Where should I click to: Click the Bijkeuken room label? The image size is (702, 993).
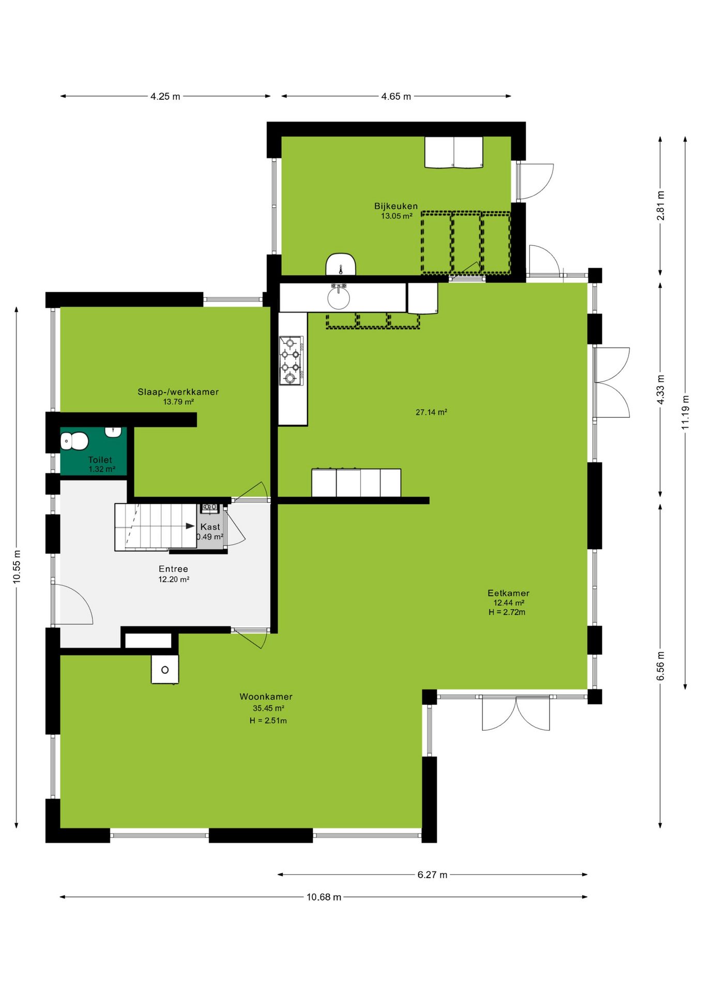click(396, 206)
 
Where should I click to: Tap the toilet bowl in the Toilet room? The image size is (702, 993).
click(74, 441)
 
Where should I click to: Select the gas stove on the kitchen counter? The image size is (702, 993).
click(291, 360)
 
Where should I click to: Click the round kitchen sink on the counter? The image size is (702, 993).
click(339, 297)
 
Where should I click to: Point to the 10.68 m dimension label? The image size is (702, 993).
click(324, 897)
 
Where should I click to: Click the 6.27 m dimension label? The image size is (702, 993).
click(432, 875)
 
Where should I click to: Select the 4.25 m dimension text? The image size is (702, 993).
click(165, 96)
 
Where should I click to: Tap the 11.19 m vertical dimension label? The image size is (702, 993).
click(685, 412)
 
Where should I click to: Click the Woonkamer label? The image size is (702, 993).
click(266, 697)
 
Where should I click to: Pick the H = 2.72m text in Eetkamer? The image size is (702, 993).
click(507, 612)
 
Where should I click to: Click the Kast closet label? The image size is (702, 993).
click(210, 526)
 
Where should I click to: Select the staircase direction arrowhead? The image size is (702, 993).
click(190, 526)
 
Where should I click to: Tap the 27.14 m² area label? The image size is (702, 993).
click(432, 412)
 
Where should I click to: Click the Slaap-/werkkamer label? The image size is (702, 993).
click(178, 392)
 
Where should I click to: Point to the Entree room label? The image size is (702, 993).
click(174, 569)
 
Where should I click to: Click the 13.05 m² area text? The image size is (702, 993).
click(396, 216)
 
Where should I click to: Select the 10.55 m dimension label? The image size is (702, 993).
click(17, 566)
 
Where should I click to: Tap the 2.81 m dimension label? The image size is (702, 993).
click(661, 206)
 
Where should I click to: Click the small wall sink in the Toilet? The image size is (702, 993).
click(114, 432)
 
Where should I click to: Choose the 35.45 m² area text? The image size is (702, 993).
click(268, 709)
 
